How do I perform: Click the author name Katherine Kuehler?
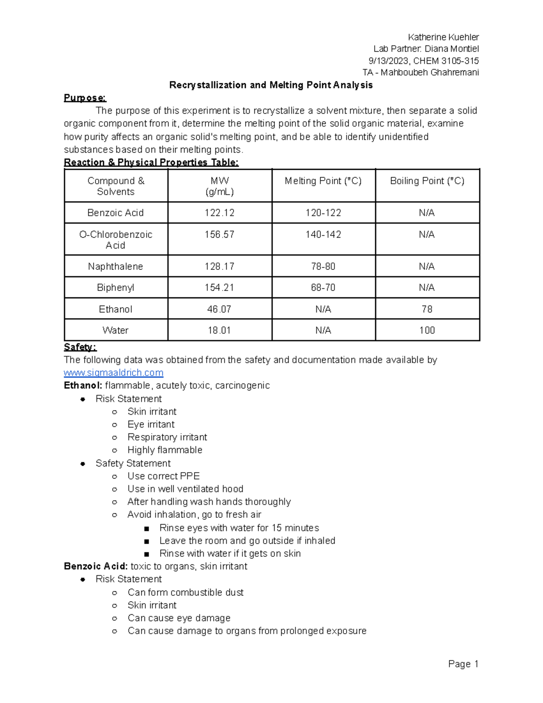pos(443,37)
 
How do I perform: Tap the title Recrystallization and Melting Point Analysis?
pos(271,85)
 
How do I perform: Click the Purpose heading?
pos(85,98)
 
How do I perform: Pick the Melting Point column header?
pos(323,181)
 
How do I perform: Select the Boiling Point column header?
pos(427,181)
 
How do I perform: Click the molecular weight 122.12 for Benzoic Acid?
pos(219,213)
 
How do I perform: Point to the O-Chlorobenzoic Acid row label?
pos(115,240)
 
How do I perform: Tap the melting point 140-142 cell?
pos(323,234)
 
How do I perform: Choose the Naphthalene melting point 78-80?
pos(323,266)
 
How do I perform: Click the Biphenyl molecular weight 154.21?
pos(219,287)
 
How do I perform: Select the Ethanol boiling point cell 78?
pos(427,309)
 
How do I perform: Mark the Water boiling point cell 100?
pos(427,330)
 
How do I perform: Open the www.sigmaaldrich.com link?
pos(114,373)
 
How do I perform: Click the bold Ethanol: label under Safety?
pos(83,385)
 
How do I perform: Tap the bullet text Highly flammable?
pos(165,450)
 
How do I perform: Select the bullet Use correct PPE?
pos(163,476)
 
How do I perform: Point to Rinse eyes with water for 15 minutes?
pos(239,528)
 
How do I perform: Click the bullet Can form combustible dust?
pos(186,592)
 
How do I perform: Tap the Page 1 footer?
pos(463,664)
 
